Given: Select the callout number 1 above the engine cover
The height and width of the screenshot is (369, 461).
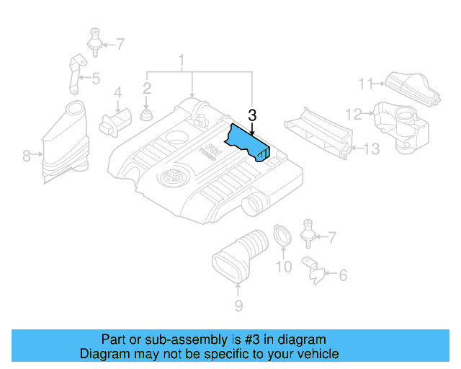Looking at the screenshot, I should [x=182, y=59].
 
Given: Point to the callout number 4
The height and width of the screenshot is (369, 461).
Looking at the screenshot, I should [x=117, y=92].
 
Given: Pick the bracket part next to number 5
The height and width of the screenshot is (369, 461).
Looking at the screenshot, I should [x=74, y=74].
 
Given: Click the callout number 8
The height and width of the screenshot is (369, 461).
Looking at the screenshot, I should [x=26, y=155].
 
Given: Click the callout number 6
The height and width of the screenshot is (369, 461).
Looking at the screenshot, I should [x=342, y=275].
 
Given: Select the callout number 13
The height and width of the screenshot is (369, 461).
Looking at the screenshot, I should [x=370, y=149].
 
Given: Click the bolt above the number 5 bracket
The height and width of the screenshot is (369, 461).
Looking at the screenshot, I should [x=94, y=39].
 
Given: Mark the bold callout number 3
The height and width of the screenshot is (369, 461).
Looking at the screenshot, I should [x=251, y=115].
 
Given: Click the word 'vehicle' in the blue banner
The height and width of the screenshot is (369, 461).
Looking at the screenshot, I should [x=315, y=354].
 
